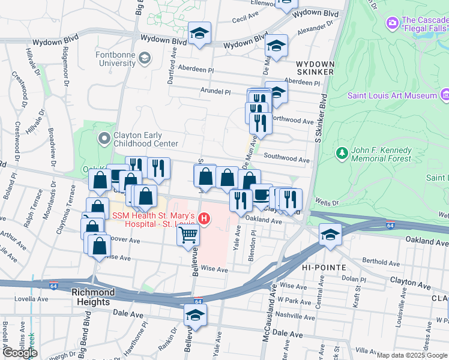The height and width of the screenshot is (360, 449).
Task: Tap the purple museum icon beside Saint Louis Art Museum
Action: point(445,95)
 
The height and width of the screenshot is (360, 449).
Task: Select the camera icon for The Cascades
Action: point(393,23)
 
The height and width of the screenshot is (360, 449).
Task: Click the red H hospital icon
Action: point(205,219)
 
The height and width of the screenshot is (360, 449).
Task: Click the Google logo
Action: point(20,353)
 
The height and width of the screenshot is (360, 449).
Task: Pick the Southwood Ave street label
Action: point(286,160)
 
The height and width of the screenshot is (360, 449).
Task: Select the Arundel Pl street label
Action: point(215,92)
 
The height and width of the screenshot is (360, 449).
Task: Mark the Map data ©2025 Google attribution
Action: point(412,355)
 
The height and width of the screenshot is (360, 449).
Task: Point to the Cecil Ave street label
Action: point(244,19)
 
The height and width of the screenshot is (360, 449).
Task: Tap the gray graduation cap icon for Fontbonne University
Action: point(144,58)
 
